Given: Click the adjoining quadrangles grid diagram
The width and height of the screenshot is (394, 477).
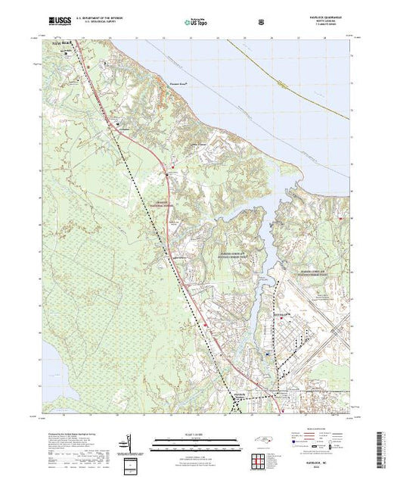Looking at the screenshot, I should [262, 458].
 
